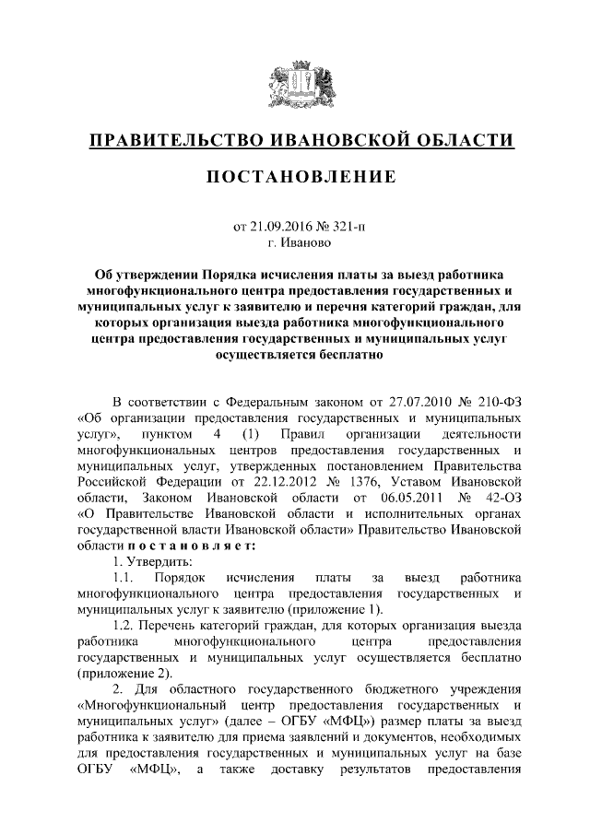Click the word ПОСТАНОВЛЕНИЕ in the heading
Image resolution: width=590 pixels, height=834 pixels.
[x=295, y=175]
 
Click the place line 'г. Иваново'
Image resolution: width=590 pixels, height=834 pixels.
[x=295, y=243]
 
